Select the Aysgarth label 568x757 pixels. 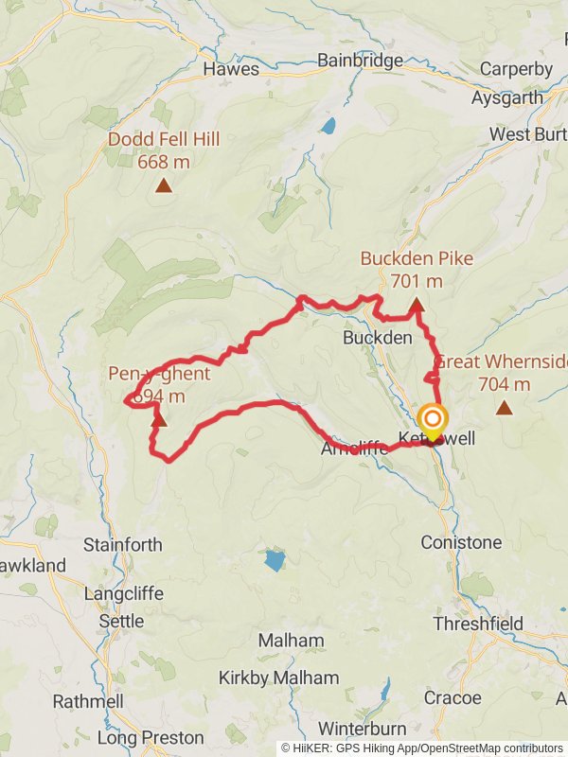507,97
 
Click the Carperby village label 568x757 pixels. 516,69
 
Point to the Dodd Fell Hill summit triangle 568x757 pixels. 164,185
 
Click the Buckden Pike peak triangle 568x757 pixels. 417,305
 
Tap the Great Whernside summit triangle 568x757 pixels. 504,408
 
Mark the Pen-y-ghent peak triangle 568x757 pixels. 159,418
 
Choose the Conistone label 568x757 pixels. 461,543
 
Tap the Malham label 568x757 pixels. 290,641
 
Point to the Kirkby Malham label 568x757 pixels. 278,678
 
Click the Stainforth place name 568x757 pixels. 123,545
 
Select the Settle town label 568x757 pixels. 122,622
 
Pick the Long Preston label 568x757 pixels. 151,737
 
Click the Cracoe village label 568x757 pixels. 453,698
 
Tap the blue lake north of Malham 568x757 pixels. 274,560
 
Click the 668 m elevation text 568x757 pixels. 164,162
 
